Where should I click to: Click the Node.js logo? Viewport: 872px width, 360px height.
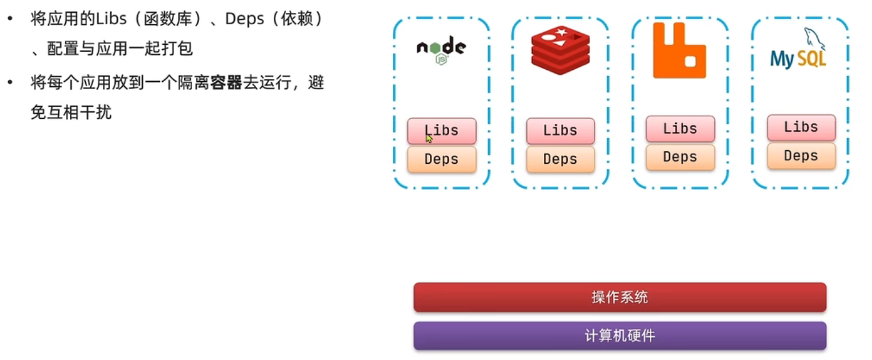point(441,50)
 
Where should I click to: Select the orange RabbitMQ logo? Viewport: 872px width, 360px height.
point(679,51)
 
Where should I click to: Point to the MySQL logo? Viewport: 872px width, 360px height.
point(798,52)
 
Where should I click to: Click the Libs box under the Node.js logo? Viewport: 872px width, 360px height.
point(441,131)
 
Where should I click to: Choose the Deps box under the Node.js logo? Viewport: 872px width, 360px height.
point(441,159)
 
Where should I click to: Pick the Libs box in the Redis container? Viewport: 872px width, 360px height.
point(560,131)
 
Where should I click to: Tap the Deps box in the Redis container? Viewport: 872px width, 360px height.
point(560,159)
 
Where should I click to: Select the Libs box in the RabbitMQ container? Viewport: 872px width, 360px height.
point(680,129)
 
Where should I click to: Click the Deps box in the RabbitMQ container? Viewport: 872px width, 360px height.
point(680,157)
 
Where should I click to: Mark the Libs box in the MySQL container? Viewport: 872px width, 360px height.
point(801,127)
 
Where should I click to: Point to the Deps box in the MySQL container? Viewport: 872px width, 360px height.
point(801,155)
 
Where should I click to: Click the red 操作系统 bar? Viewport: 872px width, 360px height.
point(619,297)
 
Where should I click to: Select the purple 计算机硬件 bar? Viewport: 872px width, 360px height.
point(619,336)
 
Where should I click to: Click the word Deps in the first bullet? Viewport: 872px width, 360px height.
point(245,19)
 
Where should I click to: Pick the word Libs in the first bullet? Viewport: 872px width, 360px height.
point(111,19)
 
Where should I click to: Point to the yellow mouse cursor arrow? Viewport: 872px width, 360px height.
point(429,138)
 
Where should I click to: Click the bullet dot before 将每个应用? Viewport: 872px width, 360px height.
point(10,82)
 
